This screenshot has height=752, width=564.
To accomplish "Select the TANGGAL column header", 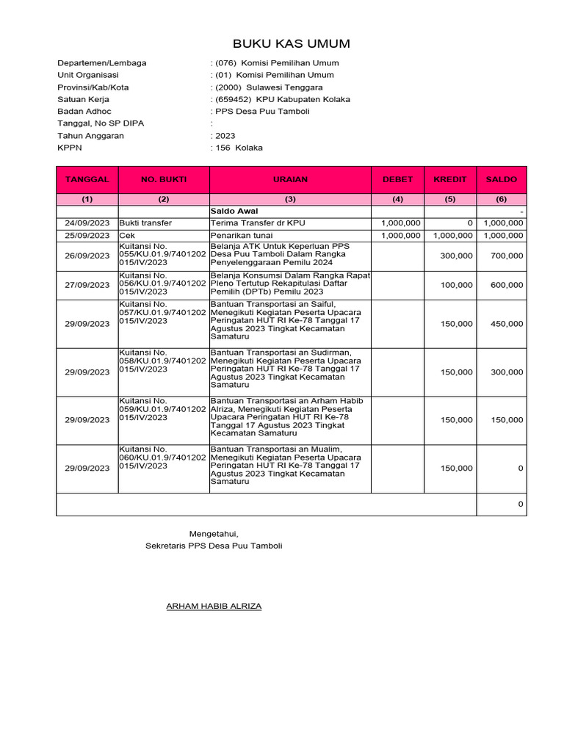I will pos(87,179).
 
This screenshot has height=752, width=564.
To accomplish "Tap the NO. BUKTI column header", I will pos(164,179).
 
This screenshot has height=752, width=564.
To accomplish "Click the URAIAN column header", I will pos(290,179).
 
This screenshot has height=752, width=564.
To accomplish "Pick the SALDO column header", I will pos(502,179).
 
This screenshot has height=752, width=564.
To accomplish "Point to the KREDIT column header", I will pos(450,179).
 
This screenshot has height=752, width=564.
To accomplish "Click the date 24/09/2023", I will pos(87,223).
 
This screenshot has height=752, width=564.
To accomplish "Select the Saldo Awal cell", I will pos(231,211).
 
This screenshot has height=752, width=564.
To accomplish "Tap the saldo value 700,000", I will pos(507,256).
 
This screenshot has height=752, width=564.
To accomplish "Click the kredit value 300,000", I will pos(457,256).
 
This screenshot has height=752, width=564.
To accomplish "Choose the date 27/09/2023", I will pos(87,285).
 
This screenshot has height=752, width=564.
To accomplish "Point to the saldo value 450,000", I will pos(507,324).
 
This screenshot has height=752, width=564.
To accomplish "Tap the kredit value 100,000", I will pos(457,285).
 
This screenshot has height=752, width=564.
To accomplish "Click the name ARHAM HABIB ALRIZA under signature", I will pos(214,606).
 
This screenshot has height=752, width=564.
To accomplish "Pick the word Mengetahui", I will pos(214,534).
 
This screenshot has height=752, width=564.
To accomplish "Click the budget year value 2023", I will pos(225,136).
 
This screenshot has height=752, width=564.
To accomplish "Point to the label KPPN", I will pos(70,148).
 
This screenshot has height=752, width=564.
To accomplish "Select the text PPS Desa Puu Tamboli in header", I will pos(262,112).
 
